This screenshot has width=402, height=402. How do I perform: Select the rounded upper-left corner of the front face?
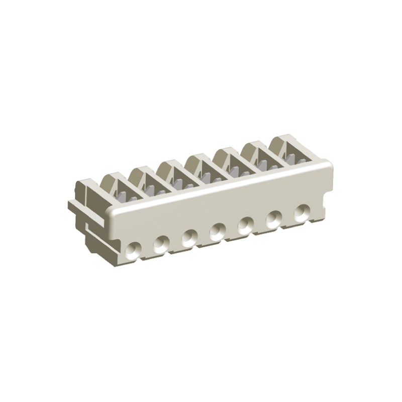point(112,214)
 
